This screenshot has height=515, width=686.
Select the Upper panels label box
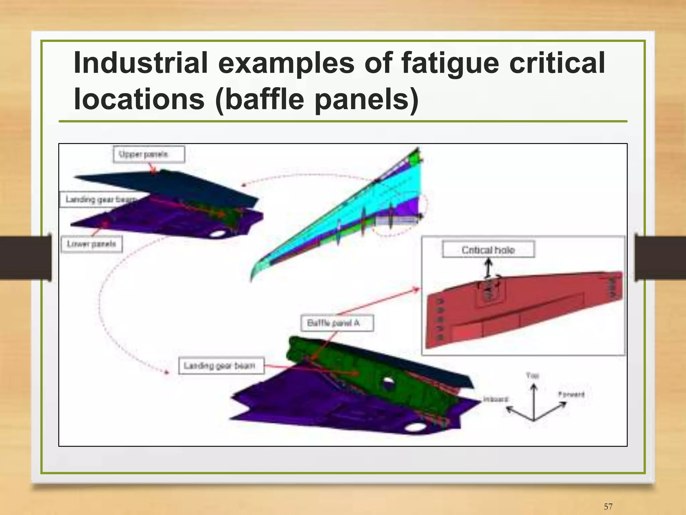(x=149, y=154)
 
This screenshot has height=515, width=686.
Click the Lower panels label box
(x=91, y=244)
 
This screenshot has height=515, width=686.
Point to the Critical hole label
(x=488, y=250)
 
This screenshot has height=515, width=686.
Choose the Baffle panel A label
(x=337, y=323)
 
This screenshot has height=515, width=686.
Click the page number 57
(x=608, y=506)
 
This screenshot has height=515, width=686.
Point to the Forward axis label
(x=571, y=394)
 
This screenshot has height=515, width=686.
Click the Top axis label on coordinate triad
(x=532, y=376)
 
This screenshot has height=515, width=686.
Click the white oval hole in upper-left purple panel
(x=217, y=233)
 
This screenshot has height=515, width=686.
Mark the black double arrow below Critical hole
(x=488, y=268)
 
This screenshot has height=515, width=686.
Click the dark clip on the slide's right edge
(x=660, y=257)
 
